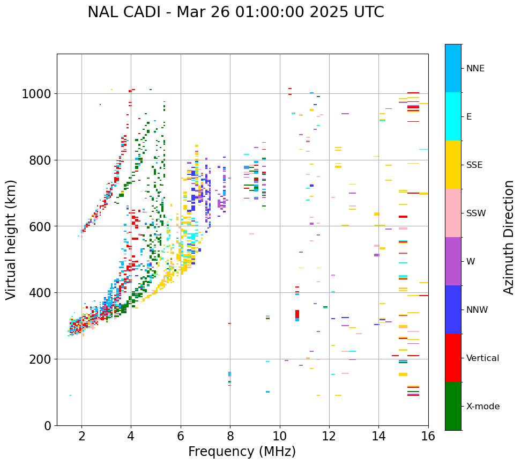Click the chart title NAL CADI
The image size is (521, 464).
(235, 12)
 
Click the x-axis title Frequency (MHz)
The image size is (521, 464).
(242, 452)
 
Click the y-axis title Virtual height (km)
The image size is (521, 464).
(12, 240)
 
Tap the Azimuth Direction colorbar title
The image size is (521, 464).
(509, 237)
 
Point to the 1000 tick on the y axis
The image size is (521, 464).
(36, 94)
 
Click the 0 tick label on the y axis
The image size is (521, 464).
(47, 425)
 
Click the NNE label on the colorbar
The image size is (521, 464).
(475, 69)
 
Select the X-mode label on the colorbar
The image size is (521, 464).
(483, 407)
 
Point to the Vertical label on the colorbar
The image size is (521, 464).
(482, 358)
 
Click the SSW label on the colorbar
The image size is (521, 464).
(476, 213)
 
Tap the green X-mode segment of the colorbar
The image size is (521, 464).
(453, 406)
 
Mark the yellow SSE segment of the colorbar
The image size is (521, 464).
(453, 165)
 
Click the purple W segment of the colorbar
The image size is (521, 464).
(453, 261)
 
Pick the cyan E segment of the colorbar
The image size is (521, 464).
(453, 116)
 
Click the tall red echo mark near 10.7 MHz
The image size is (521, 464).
(297, 314)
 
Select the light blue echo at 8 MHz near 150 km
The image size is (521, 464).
(230, 374)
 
